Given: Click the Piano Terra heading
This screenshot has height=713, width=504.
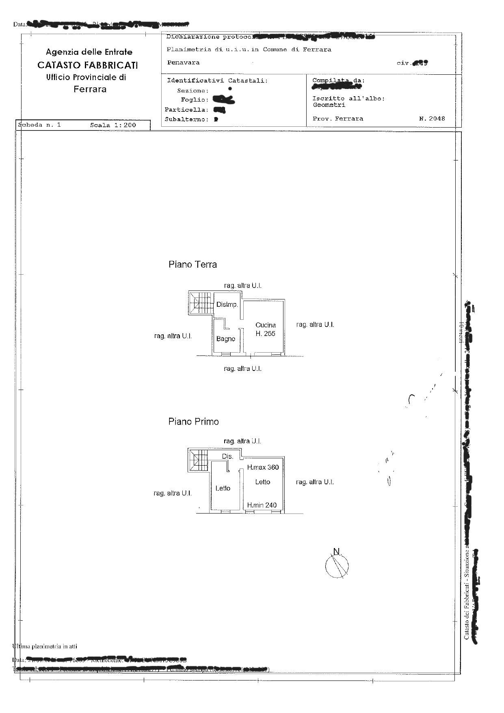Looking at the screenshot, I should coord(193,264).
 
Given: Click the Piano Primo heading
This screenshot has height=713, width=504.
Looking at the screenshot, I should coord(193,422).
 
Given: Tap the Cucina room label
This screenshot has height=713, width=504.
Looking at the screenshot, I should coord(266,325).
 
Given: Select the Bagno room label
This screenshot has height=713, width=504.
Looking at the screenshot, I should coord(225,339).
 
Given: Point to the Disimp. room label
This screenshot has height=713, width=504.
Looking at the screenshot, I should coord(227,305).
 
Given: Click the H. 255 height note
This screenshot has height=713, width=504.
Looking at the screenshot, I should coord(265,334).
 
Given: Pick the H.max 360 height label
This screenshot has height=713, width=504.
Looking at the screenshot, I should coord(263,467).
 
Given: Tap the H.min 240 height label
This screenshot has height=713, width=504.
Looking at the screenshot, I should coord(262,505).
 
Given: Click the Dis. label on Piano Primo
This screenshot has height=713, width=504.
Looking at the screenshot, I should coord(227,457).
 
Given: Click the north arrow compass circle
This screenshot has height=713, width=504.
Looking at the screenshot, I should coord(337,566).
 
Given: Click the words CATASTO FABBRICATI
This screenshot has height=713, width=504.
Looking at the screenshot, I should coord(87,65).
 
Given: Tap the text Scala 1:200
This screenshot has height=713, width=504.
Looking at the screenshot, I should coord(113,125).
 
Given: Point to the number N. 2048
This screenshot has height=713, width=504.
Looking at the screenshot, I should coord(432,119).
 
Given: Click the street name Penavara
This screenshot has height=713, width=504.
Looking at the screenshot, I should coord(183,63).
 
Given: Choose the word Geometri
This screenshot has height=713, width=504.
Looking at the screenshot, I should coord(329,105).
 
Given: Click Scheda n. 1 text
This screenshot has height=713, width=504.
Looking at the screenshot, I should coord(39,125).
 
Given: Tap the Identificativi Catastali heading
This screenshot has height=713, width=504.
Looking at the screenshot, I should coord(217,80).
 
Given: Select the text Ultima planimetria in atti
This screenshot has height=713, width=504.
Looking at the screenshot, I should coord(45,646).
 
